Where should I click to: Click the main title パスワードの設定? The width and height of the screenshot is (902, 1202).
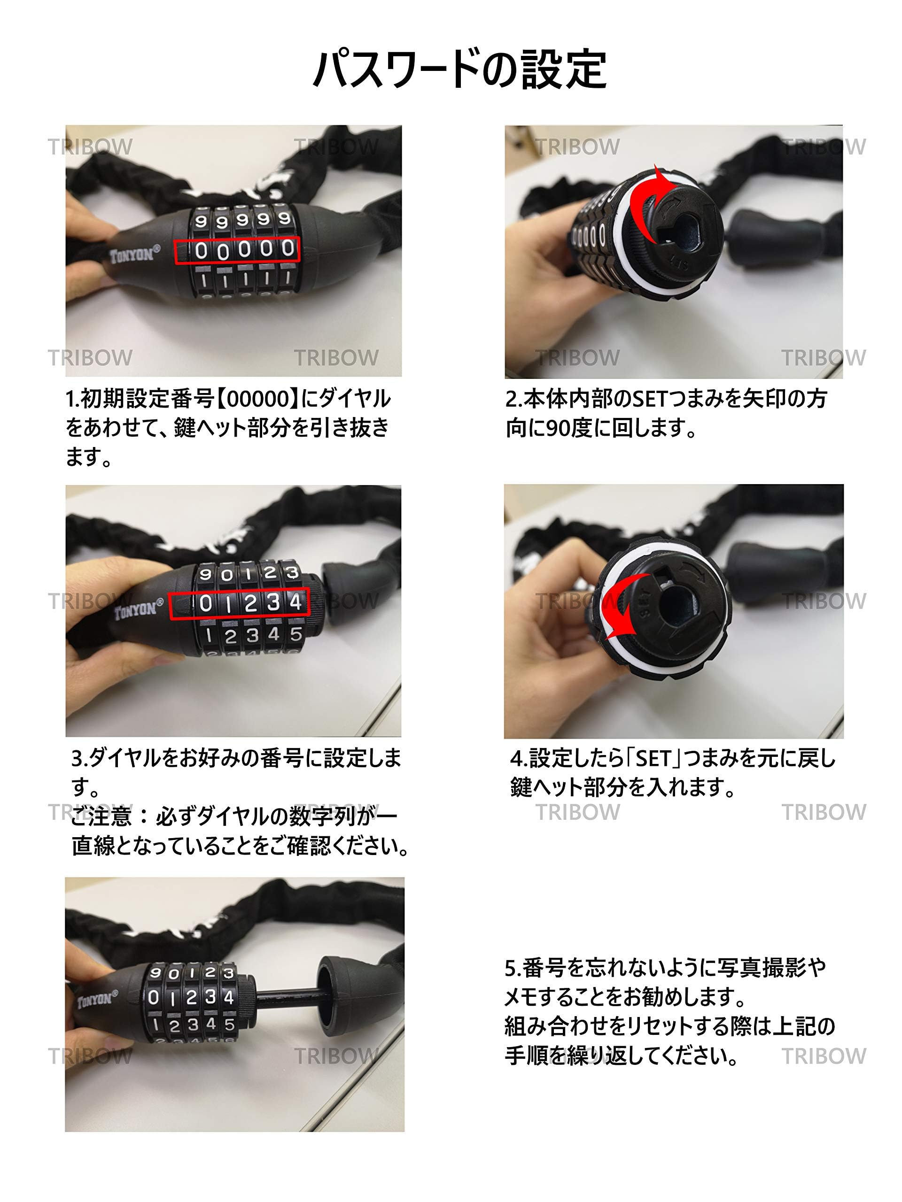[460, 69]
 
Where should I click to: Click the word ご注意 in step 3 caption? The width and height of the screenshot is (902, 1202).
[101, 816]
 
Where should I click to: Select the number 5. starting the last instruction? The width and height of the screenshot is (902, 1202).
[513, 967]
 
